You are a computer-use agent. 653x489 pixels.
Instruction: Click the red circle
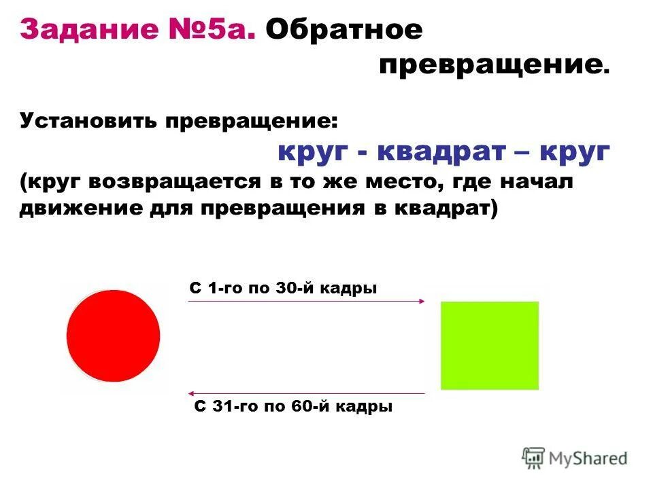tap(113, 336)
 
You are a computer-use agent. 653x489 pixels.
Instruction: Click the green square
tap(490, 345)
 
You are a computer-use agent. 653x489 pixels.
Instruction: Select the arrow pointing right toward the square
tap(306, 301)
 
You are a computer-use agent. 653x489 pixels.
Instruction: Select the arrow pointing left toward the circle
tap(306, 393)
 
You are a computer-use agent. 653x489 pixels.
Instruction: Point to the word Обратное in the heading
tap(344, 30)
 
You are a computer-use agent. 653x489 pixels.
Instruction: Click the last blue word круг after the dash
tap(574, 153)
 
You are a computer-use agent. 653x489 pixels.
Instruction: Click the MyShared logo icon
tap(533, 458)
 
